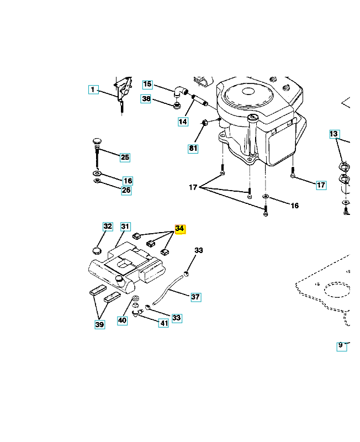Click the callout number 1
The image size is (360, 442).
pyautogui.click(x=93, y=90)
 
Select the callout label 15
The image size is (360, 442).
pyautogui.click(x=147, y=85)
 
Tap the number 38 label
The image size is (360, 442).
pyautogui.click(x=146, y=99)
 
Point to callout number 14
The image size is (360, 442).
pyautogui.click(x=182, y=121)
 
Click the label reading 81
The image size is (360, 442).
pyautogui.click(x=193, y=148)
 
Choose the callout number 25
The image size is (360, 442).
pyautogui.click(x=125, y=157)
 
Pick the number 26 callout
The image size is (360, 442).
pyautogui.click(x=126, y=191)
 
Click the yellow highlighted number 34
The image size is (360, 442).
pyautogui.click(x=180, y=229)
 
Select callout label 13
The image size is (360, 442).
pyautogui.click(x=334, y=134)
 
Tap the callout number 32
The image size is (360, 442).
pyautogui.click(x=108, y=227)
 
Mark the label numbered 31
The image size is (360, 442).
pyautogui.click(x=125, y=227)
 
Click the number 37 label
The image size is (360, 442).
pyautogui.click(x=195, y=297)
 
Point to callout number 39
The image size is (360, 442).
pyautogui.click(x=99, y=325)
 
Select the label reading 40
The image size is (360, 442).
pyautogui.click(x=122, y=320)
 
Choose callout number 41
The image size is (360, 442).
pyautogui.click(x=163, y=323)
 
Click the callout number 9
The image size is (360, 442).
pyautogui.click(x=341, y=346)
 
